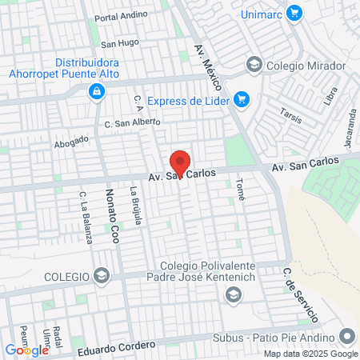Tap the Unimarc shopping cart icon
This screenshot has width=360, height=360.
[294, 13]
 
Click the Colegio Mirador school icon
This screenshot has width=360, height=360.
[254, 64]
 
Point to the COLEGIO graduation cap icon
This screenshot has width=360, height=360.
[101, 276]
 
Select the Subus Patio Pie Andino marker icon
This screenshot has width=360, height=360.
[346, 337]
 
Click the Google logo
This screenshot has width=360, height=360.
[26, 350]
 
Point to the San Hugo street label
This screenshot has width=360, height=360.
[121, 42]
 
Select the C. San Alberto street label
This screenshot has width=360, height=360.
[132, 122]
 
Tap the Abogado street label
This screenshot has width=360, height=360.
[71, 142]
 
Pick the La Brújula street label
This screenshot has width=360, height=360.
[136, 206]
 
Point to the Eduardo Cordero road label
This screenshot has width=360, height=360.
[116, 346]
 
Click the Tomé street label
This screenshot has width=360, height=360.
[240, 190]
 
